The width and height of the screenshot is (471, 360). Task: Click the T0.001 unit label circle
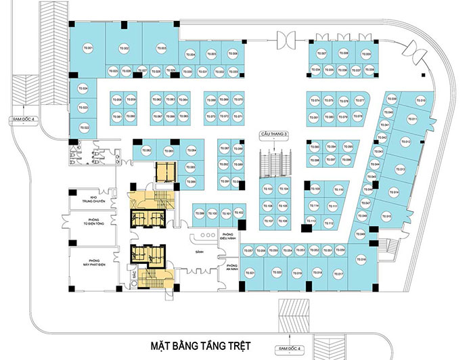coord(87,48)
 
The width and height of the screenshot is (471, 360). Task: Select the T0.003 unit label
coord(162,48)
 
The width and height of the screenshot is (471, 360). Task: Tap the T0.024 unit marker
coord(85,89)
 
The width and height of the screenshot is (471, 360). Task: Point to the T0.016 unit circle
coord(361,260)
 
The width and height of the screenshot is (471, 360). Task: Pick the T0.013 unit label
coord(400,169)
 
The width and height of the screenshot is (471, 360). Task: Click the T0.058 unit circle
coord(118,101)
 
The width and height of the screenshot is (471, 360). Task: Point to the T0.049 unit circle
coord(362,234)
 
